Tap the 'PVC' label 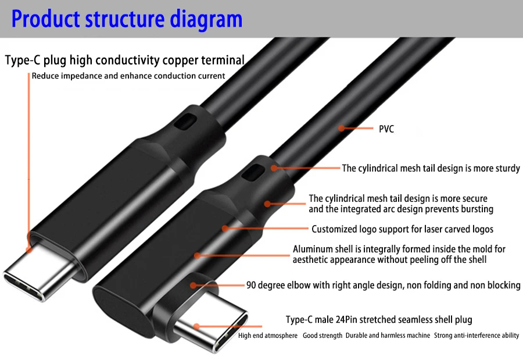click(386, 129)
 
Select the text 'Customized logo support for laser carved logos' click(402, 229)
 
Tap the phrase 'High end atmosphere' click(268, 336)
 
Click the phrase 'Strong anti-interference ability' click(477, 336)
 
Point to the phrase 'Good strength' click(323, 336)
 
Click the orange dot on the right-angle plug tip click(197, 327)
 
